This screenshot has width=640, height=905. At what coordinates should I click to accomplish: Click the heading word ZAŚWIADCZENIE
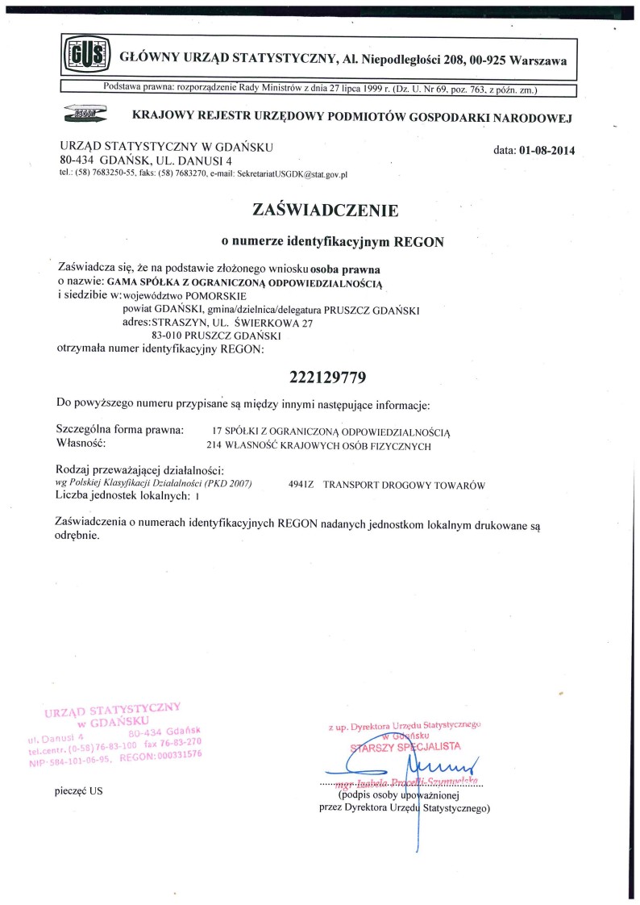pyautogui.click(x=326, y=211)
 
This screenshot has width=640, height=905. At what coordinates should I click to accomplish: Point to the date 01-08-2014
pyautogui.click(x=548, y=151)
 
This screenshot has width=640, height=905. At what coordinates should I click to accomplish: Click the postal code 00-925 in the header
pyautogui.click(x=481, y=60)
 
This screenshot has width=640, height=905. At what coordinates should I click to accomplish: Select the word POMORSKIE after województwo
pyautogui.click(x=206, y=294)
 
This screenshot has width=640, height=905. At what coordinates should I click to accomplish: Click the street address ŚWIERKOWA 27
pyautogui.click(x=272, y=322)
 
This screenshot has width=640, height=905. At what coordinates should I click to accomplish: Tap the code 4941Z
pyautogui.click(x=301, y=485)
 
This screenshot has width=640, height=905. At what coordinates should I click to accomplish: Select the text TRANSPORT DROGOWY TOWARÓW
pyautogui.click(x=403, y=485)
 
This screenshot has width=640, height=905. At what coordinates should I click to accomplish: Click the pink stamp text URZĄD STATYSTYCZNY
pyautogui.click(x=113, y=710)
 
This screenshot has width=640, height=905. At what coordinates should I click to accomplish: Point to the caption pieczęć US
pyautogui.click(x=79, y=791)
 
